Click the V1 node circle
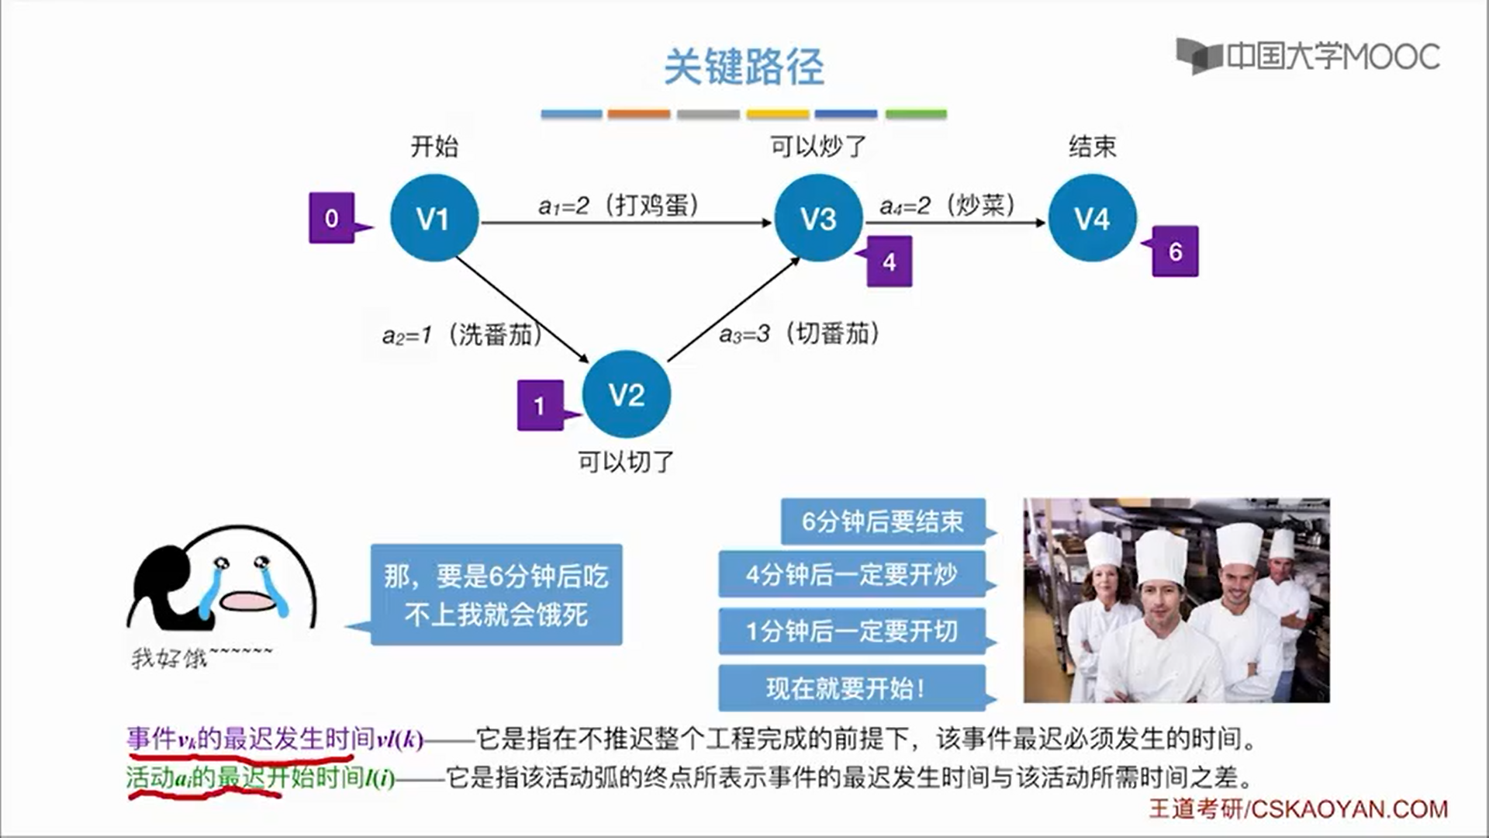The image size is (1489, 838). [x=434, y=218]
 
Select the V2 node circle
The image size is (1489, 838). [x=626, y=395]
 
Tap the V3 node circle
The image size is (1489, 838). [x=818, y=218]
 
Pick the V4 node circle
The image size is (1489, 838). [x=1092, y=218]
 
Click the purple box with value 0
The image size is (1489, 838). [x=332, y=218]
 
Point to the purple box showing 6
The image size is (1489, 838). [x=1175, y=251]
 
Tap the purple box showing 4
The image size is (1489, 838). [x=889, y=262]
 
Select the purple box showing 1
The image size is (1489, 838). [x=540, y=405]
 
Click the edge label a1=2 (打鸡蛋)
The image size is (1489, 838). [x=619, y=206]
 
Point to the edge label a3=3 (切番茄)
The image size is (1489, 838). [x=800, y=334]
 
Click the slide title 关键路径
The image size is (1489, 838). [x=744, y=67]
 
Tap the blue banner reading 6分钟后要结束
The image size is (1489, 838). [x=883, y=521]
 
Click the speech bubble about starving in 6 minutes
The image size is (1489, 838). [x=496, y=595]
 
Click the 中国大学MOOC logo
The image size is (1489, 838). [x=1308, y=56]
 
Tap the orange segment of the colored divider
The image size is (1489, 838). [x=638, y=114]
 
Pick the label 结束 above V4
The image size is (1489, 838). [x=1092, y=146]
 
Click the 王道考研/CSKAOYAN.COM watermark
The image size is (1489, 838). [x=1297, y=809]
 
